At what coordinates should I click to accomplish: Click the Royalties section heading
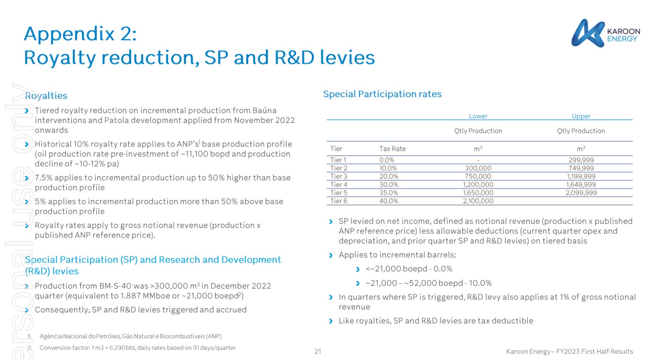46,96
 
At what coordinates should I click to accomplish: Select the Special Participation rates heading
382,94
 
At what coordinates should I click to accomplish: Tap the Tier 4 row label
338,185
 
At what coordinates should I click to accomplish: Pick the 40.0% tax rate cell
388,201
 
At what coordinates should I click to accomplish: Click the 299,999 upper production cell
581,160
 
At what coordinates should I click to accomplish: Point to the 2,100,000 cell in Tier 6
478,201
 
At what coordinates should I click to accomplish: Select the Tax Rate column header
392,149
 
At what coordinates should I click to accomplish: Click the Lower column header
478,116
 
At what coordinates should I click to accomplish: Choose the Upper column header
581,116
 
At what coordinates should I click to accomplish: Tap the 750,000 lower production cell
478,176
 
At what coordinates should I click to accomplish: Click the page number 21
318,351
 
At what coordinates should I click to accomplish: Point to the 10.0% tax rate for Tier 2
388,168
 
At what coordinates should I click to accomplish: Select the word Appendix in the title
69,34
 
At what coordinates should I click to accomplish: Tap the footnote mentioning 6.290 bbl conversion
138,347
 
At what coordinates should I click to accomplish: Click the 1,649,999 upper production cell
581,185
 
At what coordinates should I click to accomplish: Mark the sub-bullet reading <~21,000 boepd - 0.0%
408,269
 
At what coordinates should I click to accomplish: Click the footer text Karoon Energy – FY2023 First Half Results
569,351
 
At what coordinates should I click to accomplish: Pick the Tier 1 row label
338,160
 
